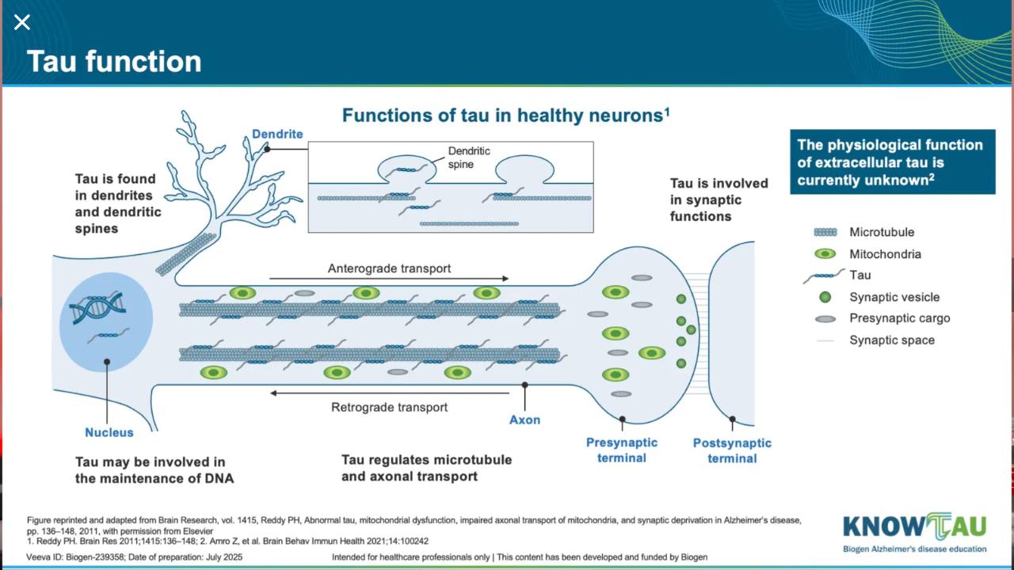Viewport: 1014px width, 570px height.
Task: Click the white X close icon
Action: pyautogui.click(x=21, y=21)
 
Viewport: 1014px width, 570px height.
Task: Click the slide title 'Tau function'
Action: pyautogui.click(x=114, y=62)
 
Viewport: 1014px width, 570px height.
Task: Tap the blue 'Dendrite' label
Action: pyautogui.click(x=277, y=134)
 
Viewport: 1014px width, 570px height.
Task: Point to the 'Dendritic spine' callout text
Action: pyautogui.click(x=469, y=158)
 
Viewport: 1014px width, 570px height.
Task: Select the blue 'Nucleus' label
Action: pyautogui.click(x=109, y=432)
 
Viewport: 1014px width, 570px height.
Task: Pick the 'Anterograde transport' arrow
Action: pyautogui.click(x=389, y=279)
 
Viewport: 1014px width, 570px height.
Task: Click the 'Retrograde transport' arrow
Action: pyautogui.click(x=390, y=393)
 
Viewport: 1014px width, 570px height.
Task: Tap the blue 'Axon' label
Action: pyautogui.click(x=524, y=420)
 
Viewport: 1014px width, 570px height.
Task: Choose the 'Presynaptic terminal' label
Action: pyautogui.click(x=622, y=450)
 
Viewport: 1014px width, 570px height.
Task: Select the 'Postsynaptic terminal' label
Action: pyautogui.click(x=732, y=450)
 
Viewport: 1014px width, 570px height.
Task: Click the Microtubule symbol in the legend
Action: pyautogui.click(x=825, y=232)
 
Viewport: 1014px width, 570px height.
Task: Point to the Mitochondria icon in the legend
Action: pyautogui.click(x=825, y=254)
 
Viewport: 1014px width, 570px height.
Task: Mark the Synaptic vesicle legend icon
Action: pyautogui.click(x=825, y=297)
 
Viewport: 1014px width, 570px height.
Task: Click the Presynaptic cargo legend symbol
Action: pyautogui.click(x=825, y=319)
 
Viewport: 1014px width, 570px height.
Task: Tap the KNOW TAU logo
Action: pyautogui.click(x=914, y=533)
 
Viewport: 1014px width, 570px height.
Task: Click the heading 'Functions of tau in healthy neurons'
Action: pyautogui.click(x=505, y=116)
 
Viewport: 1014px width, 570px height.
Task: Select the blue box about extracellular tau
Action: pyautogui.click(x=893, y=162)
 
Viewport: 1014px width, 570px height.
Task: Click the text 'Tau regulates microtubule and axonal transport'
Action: pyautogui.click(x=426, y=468)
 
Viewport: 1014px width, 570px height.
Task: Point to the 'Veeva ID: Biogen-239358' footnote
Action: pyautogui.click(x=75, y=557)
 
